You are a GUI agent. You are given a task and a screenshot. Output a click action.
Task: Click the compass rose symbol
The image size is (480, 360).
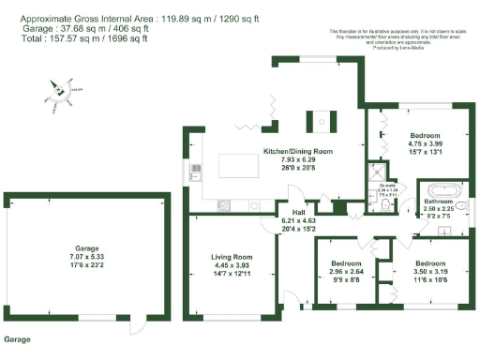pos(58,91)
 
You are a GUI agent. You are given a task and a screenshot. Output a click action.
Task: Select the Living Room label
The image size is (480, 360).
pos(231,256)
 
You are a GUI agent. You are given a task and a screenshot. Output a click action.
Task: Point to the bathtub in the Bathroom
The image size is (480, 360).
pos(439,188)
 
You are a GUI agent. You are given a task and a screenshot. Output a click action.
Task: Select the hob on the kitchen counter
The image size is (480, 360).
pos(225,204)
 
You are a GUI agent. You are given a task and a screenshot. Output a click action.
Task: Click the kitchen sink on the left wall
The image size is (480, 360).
pos(196,172)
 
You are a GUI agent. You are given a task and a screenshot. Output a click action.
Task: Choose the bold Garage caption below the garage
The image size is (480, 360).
pos(20,337)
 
